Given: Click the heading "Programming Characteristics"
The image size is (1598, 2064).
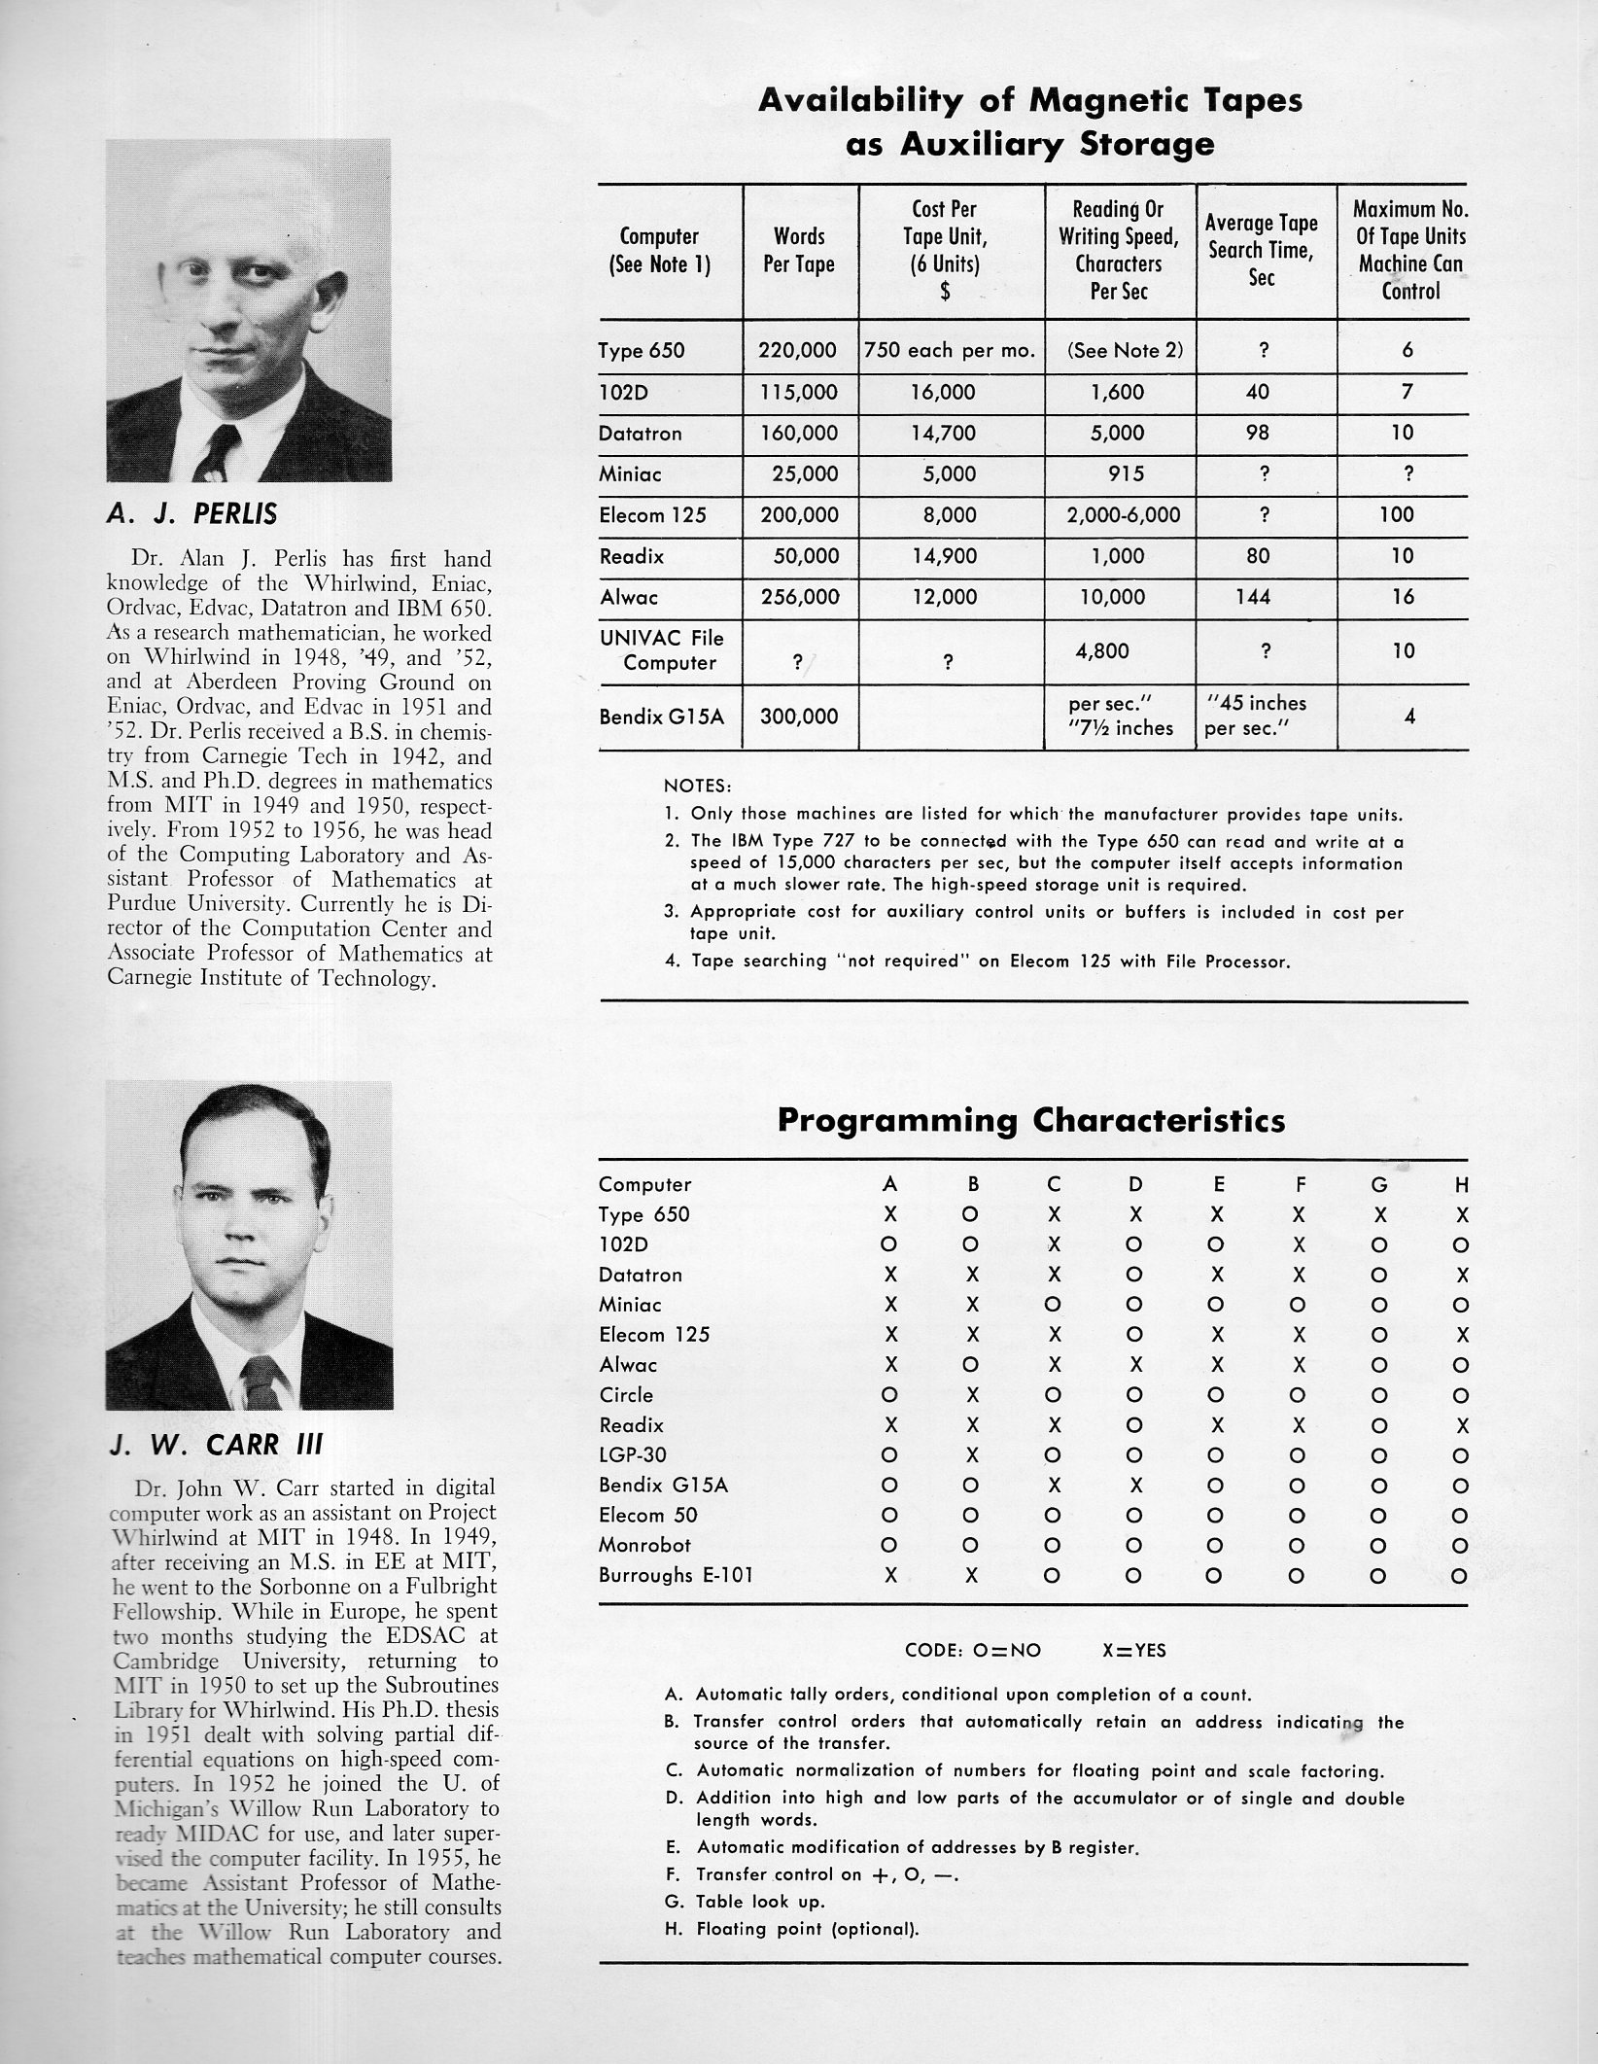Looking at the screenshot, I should pos(1031,1121).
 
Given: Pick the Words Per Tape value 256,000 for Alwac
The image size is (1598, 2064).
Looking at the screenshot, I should pos(798,598).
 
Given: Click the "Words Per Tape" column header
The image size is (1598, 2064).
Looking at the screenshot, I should pos(799,250).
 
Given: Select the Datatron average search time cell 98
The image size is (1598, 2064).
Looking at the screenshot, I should pos(1257,433).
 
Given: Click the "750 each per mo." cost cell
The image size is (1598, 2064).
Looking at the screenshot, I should pos(950,351).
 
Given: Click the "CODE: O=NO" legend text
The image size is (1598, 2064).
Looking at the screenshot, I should pos(966,1650).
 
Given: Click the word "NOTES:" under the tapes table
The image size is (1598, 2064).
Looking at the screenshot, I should pos(698,786).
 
